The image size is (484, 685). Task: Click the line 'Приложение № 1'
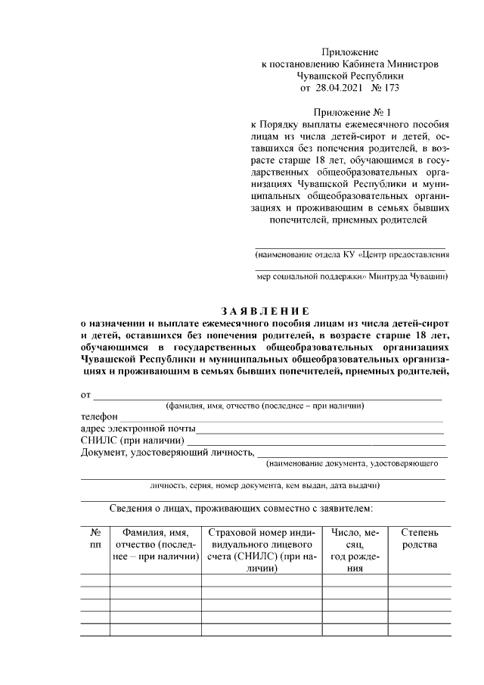click(349, 112)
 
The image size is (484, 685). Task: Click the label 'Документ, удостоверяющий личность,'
click(167, 453)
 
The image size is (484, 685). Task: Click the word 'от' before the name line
click(85, 394)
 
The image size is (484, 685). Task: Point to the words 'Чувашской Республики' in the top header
click(349, 76)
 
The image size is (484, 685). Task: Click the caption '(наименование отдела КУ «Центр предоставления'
click(352, 256)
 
